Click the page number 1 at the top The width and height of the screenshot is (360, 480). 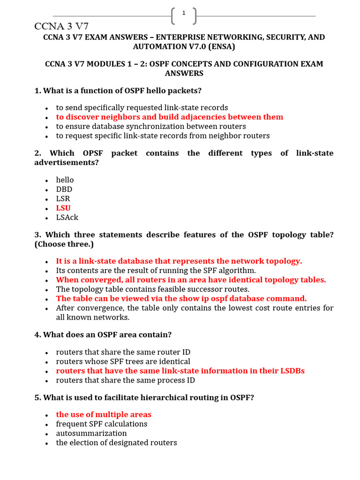(x=184, y=13)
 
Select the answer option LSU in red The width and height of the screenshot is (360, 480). (x=63, y=208)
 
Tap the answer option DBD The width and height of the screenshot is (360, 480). (x=64, y=189)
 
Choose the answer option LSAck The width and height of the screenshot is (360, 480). (x=67, y=217)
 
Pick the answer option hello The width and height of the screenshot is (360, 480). (x=65, y=180)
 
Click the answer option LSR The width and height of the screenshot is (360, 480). (x=63, y=199)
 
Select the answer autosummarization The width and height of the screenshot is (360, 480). (x=91, y=434)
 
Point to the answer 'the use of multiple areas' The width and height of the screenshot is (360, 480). (x=104, y=415)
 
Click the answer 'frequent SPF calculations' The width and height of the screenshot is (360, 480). (x=102, y=424)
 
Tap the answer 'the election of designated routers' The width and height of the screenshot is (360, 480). (x=116, y=443)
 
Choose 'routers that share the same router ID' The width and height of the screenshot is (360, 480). (x=123, y=352)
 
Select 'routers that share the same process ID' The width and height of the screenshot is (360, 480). (x=125, y=380)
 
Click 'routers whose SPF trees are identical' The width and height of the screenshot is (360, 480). (x=123, y=361)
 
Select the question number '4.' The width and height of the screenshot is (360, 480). (x=37, y=335)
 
